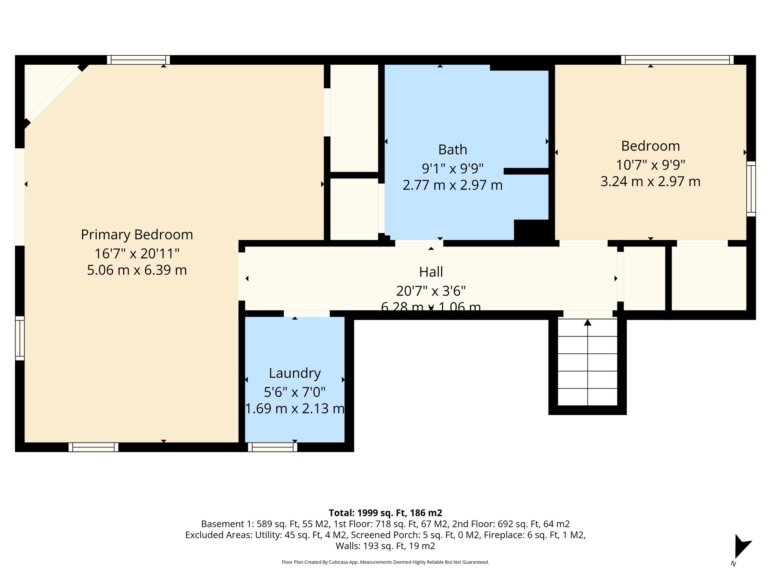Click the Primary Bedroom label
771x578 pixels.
tap(137, 235)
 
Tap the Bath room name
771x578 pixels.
tap(453, 150)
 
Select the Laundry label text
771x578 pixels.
tap(295, 373)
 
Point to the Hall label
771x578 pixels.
tap(431, 272)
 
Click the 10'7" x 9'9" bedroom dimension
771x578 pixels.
tap(650, 165)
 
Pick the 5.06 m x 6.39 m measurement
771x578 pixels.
tap(137, 270)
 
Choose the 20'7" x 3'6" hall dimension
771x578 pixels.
tap(431, 291)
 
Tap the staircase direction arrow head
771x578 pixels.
tap(587, 322)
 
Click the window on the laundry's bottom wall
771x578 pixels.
tap(273, 447)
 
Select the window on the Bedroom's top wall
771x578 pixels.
tap(677, 60)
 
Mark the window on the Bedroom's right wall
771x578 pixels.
tap(751, 189)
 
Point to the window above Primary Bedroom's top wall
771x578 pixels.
tap(138, 60)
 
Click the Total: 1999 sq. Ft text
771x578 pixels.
tap(385, 513)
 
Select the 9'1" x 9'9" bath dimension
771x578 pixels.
tap(453, 168)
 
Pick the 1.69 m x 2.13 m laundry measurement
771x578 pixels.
tap(295, 409)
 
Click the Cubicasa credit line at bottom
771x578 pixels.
tap(385, 562)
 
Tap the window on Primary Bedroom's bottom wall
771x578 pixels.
tap(93, 447)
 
